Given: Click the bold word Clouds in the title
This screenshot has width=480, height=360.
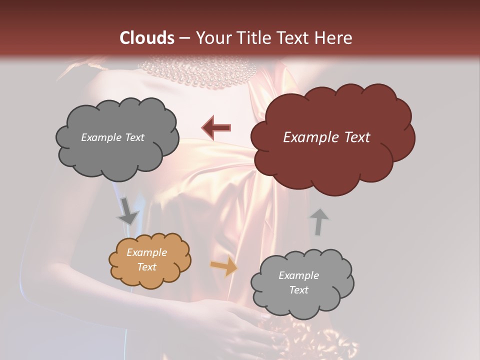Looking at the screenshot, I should pos(146,38).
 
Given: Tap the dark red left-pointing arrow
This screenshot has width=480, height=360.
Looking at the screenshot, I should pos(216,127).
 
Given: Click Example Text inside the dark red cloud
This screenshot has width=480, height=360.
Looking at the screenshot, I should pos(326,137).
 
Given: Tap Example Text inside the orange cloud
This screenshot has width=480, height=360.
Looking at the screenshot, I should pos(146,260).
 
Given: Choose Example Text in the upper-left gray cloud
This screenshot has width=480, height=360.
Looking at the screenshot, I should pos(112,137).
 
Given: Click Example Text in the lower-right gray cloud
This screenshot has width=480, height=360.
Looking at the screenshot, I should pos(298,283).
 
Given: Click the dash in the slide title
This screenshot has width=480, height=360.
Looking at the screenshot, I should pos(183,38).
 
